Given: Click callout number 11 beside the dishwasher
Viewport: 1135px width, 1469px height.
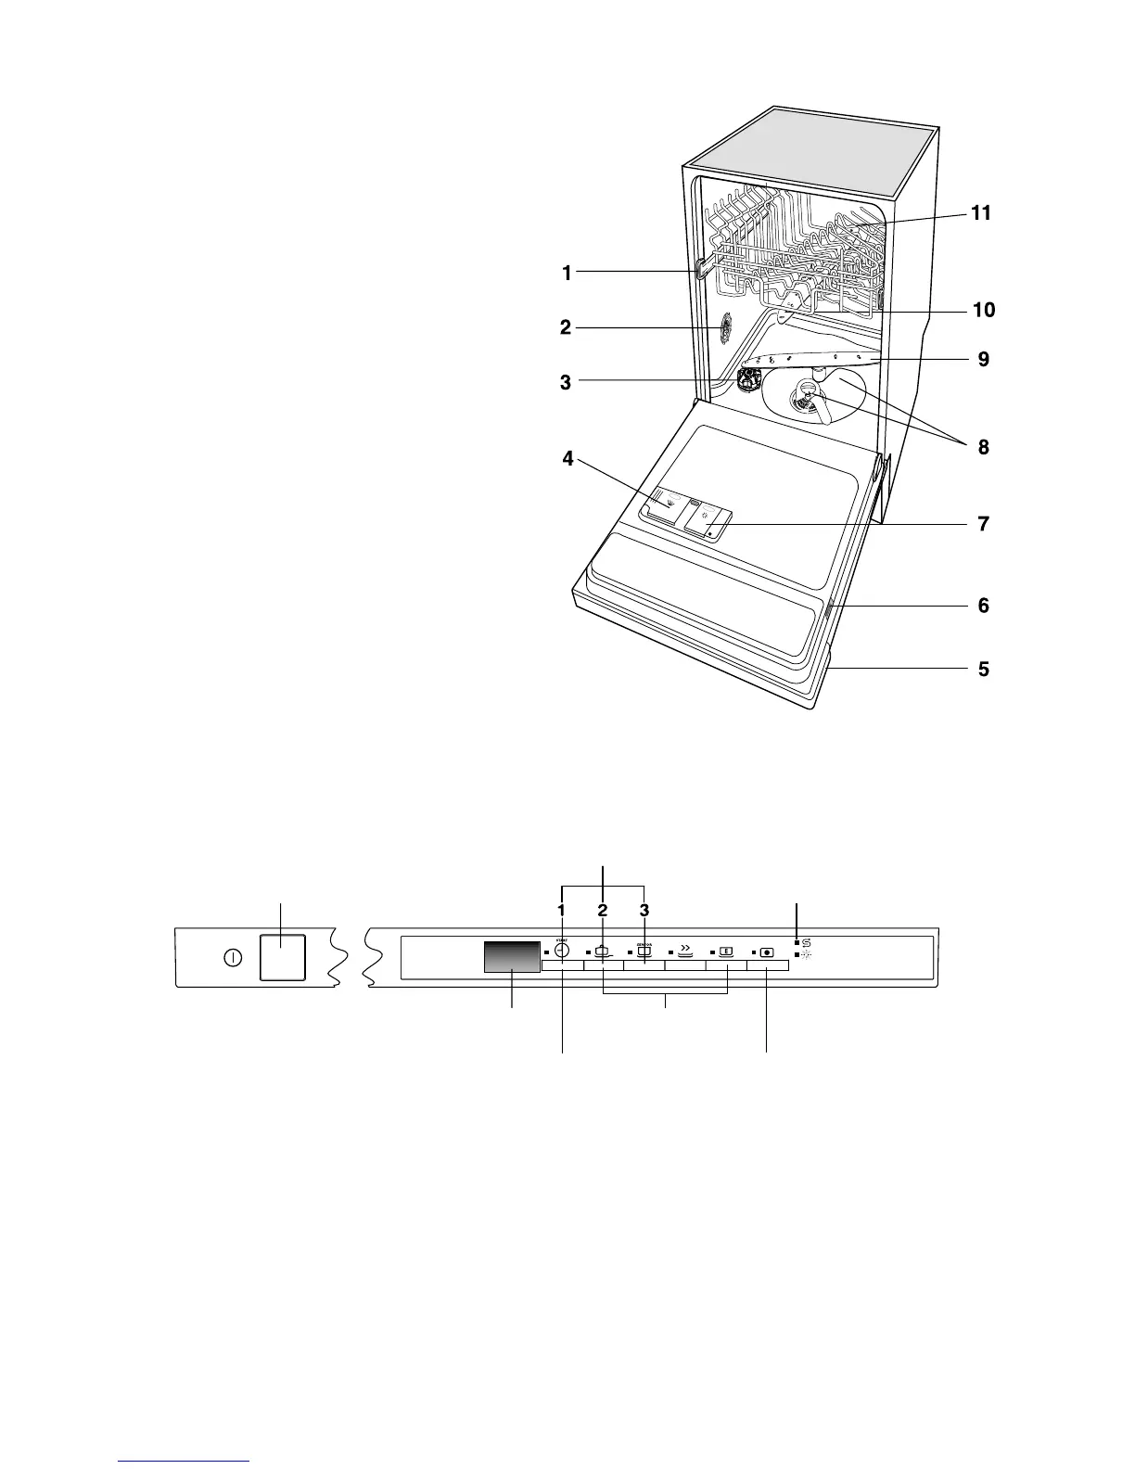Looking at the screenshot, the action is (x=980, y=213).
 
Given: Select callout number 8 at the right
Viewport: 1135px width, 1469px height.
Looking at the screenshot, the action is (x=982, y=447).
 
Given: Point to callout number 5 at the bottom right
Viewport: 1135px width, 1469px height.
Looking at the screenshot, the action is (x=983, y=668).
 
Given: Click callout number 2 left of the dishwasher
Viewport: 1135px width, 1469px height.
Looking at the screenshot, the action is (x=565, y=326).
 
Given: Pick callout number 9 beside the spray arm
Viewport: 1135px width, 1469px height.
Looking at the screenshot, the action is (x=983, y=359).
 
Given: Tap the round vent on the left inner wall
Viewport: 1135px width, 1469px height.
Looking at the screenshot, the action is (x=724, y=326).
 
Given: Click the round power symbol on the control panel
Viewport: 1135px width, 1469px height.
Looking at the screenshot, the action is (x=233, y=958).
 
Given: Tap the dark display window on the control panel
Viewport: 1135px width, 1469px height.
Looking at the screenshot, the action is (x=512, y=957).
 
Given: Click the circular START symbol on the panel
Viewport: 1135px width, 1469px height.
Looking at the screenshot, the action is (x=561, y=951).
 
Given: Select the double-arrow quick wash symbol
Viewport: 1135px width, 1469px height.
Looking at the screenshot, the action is (x=684, y=950).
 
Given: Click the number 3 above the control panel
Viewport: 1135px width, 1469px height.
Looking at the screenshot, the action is (x=644, y=909).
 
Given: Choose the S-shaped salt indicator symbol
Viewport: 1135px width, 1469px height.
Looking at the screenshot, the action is (x=806, y=942).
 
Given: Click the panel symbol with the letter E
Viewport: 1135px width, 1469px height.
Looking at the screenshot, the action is (x=726, y=951).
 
